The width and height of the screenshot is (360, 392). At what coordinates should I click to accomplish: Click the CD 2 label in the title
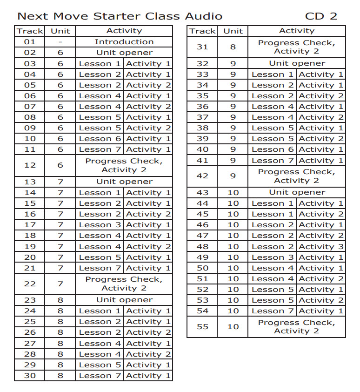(x=321, y=16)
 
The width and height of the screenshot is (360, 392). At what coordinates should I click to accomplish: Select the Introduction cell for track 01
(x=124, y=42)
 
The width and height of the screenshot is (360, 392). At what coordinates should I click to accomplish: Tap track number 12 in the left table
(x=29, y=165)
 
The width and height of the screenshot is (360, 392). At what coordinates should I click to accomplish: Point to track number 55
(x=202, y=326)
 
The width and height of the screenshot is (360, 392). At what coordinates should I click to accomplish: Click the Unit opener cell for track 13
(x=124, y=182)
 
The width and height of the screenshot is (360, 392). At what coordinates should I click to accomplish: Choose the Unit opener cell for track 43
(x=297, y=192)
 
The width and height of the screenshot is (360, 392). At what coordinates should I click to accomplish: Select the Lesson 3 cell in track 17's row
(x=100, y=225)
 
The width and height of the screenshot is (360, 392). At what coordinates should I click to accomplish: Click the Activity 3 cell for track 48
(x=321, y=246)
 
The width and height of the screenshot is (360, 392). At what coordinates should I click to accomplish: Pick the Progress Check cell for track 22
(x=124, y=284)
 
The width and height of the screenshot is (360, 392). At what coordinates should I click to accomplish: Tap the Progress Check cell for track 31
(x=297, y=47)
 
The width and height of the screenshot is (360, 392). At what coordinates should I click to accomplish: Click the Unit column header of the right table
(x=233, y=31)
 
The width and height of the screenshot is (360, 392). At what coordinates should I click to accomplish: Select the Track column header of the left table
(x=30, y=31)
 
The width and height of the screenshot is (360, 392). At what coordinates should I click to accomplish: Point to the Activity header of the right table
(x=297, y=31)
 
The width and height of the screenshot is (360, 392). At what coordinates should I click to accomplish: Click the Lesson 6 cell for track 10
(x=100, y=139)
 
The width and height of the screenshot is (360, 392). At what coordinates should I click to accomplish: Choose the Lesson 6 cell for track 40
(x=273, y=149)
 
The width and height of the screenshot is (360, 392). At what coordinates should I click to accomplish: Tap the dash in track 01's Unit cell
(x=60, y=42)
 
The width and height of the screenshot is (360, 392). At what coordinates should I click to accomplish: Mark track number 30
(x=29, y=376)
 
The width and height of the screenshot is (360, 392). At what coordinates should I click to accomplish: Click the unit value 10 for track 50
(x=233, y=268)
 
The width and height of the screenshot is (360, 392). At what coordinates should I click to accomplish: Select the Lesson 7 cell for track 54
(x=273, y=311)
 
